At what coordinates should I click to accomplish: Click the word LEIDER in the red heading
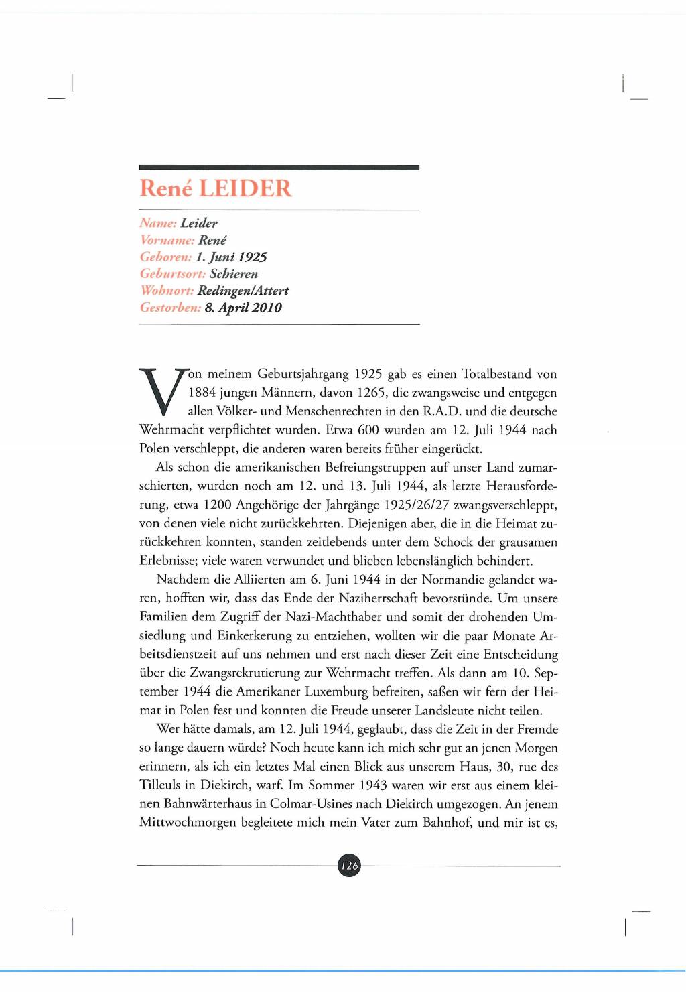245,188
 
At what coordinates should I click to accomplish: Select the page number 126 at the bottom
349,866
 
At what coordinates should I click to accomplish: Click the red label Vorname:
167,240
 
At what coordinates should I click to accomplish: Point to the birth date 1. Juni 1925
231,257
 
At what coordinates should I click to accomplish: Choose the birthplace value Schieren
233,274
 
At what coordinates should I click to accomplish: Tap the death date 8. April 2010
243,308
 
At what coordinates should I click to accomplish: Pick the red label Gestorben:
170,308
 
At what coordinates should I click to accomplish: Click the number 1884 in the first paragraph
202,393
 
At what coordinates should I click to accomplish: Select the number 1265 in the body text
371,393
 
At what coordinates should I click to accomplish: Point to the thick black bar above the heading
279,168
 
